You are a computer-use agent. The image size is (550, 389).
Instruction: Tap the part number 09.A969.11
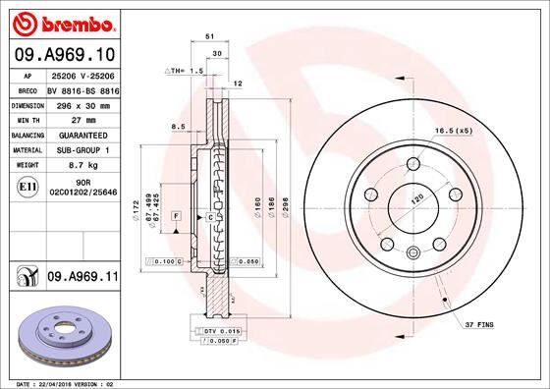[82, 279]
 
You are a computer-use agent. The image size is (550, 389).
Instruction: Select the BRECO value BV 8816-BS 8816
[82, 89]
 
